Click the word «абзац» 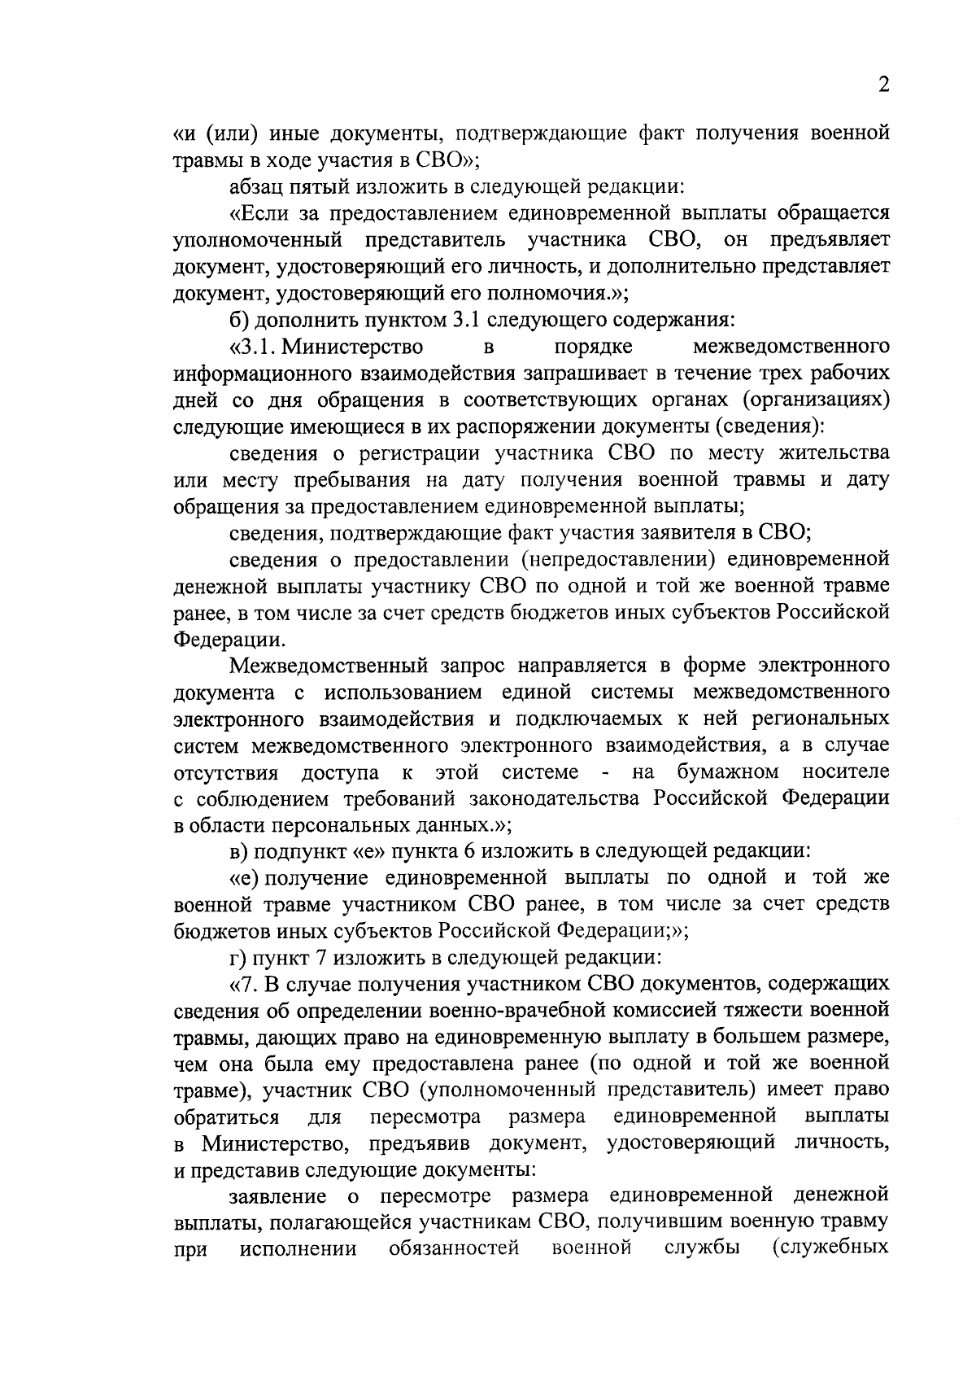point(256,188)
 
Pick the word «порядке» point(593,347)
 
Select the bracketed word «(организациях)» point(810,400)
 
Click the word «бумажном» point(727,771)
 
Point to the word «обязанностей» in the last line point(454,1248)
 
